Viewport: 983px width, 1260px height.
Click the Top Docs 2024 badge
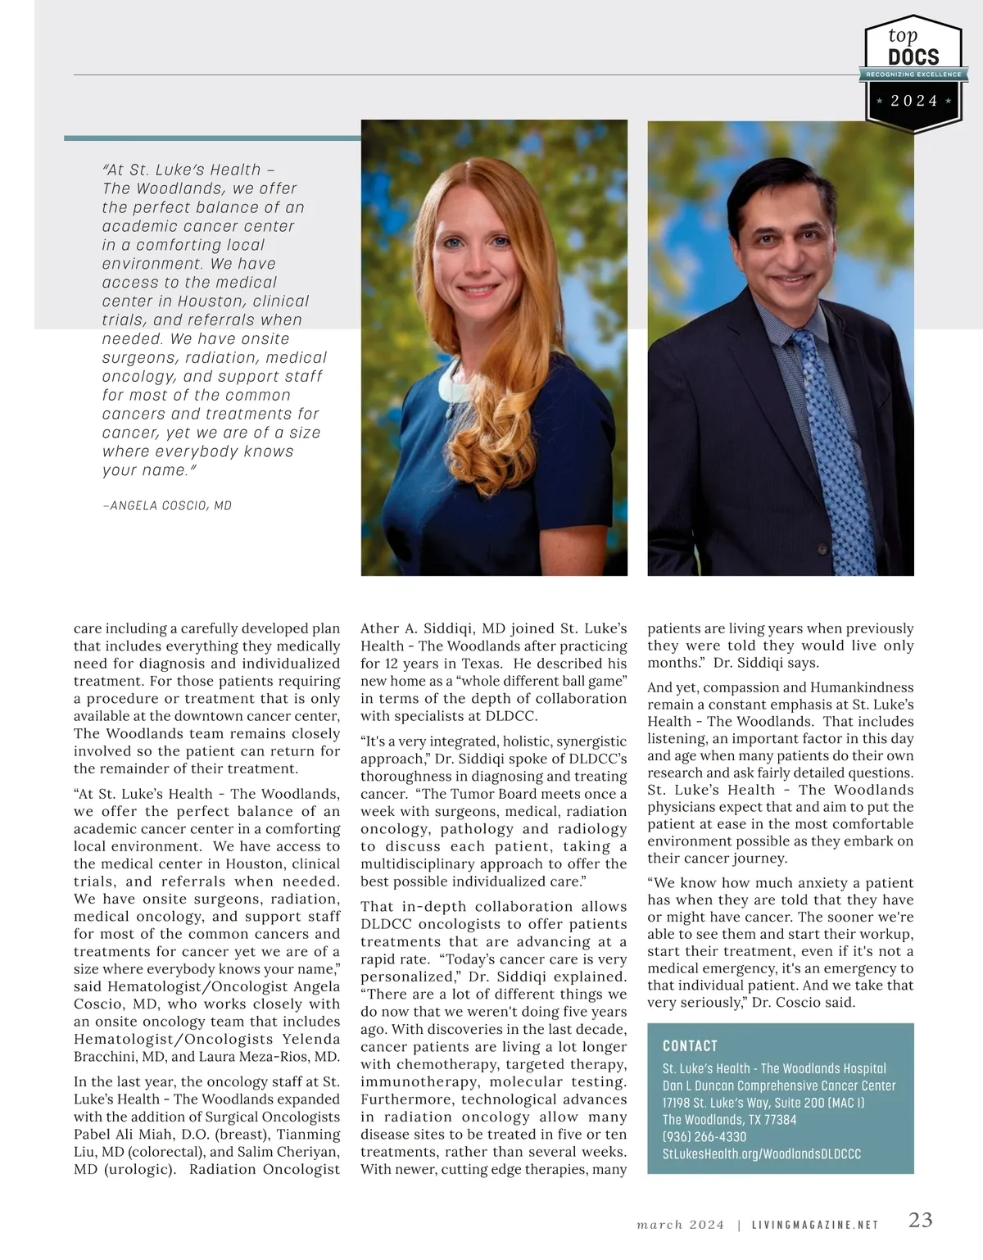click(x=913, y=72)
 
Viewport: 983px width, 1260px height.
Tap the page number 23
click(x=921, y=1220)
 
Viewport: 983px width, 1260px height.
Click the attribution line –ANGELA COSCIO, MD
click(x=168, y=505)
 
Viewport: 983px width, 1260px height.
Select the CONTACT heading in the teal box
click(x=690, y=1046)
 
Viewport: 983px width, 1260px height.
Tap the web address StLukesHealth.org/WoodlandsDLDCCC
click(x=762, y=1154)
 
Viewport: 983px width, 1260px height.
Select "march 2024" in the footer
click(x=681, y=1226)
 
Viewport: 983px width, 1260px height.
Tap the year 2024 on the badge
click(x=914, y=101)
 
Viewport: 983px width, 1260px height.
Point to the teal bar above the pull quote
click(x=212, y=138)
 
